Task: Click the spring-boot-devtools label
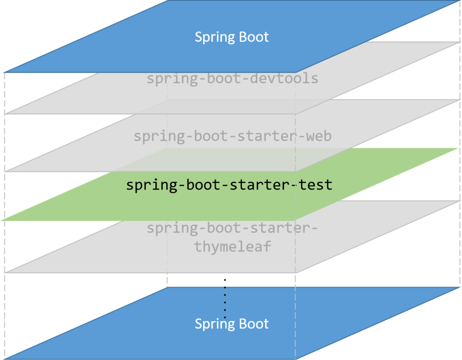point(232,79)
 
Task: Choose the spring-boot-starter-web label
point(232,137)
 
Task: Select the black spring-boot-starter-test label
point(229,185)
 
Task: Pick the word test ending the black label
point(316,185)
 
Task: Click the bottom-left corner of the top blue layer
point(4,72)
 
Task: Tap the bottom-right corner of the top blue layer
point(295,72)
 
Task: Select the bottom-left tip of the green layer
point(2,221)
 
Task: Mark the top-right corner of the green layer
point(459,148)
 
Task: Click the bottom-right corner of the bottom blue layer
point(295,359)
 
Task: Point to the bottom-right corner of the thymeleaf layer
point(295,273)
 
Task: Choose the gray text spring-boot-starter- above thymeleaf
point(232,228)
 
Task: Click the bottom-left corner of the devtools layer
point(4,114)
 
